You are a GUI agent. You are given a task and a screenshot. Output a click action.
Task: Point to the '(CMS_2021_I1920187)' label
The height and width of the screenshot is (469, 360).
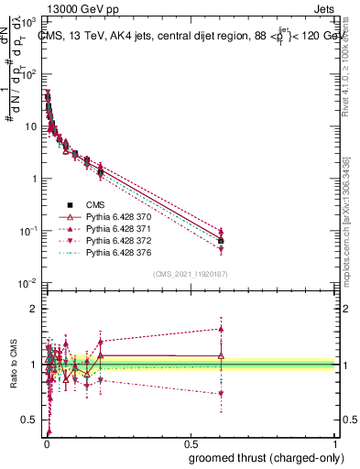tap(191, 274)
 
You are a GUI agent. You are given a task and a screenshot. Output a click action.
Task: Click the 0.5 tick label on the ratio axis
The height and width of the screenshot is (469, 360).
tap(30, 420)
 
